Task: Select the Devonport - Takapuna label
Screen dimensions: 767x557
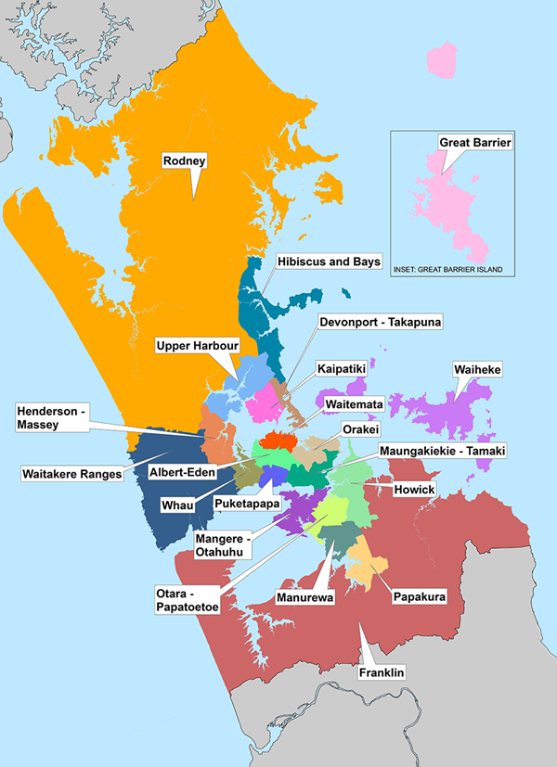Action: click(379, 322)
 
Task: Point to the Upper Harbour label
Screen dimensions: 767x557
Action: click(198, 346)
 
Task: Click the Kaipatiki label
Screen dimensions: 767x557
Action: click(341, 368)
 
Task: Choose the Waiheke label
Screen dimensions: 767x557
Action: click(477, 370)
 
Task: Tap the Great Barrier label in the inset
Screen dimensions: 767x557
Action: click(475, 143)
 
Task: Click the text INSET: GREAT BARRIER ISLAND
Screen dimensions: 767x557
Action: click(447, 269)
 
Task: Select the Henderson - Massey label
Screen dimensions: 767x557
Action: click(50, 417)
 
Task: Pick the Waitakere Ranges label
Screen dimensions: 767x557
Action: click(72, 474)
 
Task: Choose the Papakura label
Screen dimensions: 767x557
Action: click(416, 595)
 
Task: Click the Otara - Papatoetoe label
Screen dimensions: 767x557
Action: click(180, 600)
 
